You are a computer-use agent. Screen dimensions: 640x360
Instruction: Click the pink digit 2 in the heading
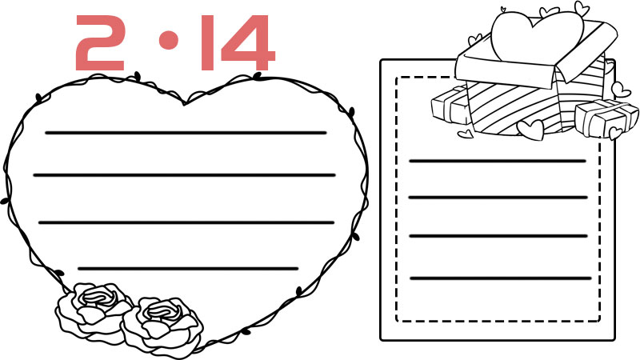pos(99,43)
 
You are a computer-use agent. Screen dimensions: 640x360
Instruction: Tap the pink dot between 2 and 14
pos(169,39)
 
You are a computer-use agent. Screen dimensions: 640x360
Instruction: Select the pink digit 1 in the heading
pos(207,43)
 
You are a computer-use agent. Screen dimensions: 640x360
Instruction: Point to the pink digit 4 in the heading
pos(248,43)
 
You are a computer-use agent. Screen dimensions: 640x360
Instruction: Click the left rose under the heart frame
pos(93,309)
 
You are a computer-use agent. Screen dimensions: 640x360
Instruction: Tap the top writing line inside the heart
pos(186,133)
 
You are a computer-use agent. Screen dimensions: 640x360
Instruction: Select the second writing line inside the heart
pos(185,175)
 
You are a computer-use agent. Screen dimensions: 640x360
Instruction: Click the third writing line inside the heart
pos(186,222)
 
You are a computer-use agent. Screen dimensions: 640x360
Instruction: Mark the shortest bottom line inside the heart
pos(188,269)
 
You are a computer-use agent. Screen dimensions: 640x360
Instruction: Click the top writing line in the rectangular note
pos(498,162)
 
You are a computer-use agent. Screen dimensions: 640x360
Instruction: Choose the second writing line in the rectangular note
pos(498,198)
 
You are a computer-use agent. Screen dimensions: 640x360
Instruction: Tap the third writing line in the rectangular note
pos(498,236)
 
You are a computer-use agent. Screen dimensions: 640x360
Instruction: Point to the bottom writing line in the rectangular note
pos(501,278)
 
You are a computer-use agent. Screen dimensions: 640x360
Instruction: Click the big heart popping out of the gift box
pos(537,37)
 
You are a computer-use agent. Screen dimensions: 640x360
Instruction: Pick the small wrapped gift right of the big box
pos(606,118)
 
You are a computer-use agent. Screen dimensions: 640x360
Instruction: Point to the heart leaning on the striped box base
pos(531,130)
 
